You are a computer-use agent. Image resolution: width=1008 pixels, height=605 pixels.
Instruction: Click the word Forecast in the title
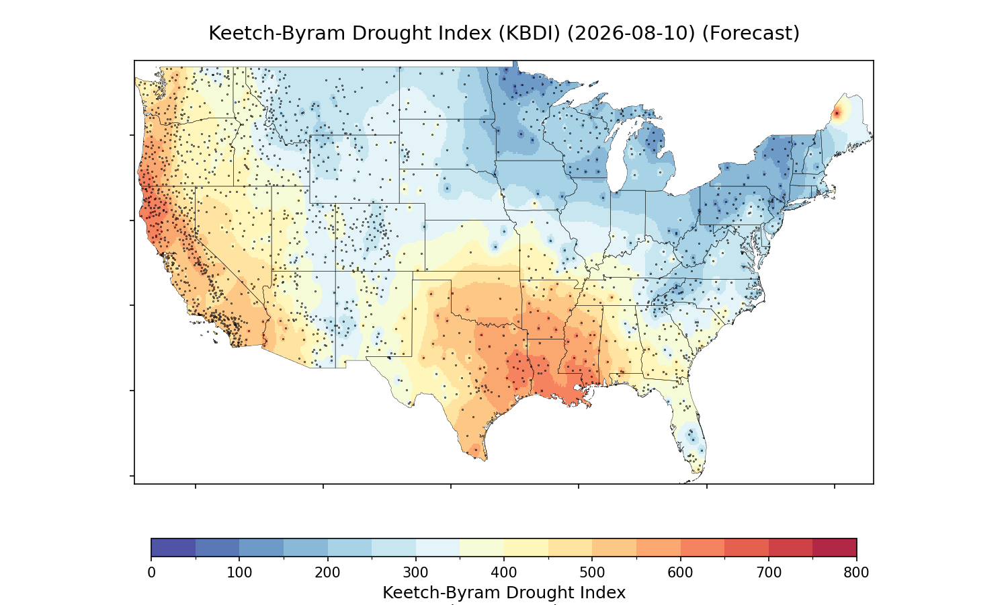point(751,34)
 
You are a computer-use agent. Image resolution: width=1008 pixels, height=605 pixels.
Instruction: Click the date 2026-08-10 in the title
point(631,34)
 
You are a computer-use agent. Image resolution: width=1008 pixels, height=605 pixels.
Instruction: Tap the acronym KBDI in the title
point(530,34)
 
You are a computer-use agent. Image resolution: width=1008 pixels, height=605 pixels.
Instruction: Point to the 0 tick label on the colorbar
point(152,573)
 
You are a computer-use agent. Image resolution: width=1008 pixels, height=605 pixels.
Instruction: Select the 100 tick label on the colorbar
point(239,573)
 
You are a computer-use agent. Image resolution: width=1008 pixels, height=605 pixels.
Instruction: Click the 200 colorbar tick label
point(328,573)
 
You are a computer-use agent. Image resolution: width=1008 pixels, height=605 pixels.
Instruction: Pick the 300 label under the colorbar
point(416,573)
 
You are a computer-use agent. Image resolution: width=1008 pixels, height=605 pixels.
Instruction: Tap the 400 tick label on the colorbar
point(504,573)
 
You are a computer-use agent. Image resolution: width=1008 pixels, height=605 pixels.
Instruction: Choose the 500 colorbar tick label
point(592,573)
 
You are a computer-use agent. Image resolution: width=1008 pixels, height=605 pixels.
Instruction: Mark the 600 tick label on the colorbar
point(680,573)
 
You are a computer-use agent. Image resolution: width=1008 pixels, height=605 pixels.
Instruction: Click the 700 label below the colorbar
point(769,573)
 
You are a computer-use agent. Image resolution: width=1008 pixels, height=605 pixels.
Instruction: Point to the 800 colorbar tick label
point(856,573)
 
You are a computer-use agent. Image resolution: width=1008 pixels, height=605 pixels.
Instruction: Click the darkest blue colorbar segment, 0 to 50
point(173,547)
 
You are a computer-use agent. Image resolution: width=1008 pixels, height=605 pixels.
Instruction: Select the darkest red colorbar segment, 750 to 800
point(835,547)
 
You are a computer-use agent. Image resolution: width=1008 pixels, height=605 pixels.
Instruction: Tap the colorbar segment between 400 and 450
point(526,547)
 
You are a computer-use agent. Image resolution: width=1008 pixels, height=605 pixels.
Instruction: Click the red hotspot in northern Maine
point(837,114)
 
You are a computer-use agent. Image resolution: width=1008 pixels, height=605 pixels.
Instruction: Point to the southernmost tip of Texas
point(485,460)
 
